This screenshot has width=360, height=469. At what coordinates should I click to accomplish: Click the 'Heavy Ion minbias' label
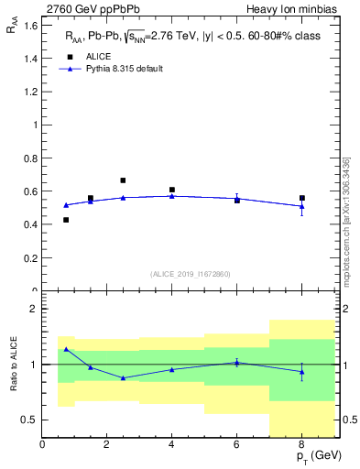[x=298, y=9]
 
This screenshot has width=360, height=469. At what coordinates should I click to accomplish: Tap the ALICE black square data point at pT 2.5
[x=123, y=180]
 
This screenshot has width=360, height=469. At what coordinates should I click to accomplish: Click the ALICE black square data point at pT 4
[x=172, y=190]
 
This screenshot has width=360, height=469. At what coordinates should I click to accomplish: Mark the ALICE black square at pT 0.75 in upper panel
[x=66, y=220]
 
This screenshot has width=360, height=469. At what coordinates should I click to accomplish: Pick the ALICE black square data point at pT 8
[x=302, y=198]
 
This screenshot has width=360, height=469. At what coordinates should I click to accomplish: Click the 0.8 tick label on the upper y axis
[x=29, y=158]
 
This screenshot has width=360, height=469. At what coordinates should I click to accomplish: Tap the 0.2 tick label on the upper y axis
[x=29, y=257]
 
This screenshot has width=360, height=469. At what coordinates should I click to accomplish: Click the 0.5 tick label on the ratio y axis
[x=29, y=420]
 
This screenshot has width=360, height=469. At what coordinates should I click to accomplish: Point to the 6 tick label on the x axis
[x=237, y=444]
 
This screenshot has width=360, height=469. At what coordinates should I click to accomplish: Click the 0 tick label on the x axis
[x=42, y=444]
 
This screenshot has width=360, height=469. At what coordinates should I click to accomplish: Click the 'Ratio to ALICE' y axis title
[x=12, y=364]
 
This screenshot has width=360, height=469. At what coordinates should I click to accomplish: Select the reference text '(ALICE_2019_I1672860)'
[x=191, y=274]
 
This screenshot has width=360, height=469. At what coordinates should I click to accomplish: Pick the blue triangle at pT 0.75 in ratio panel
[x=66, y=349]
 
